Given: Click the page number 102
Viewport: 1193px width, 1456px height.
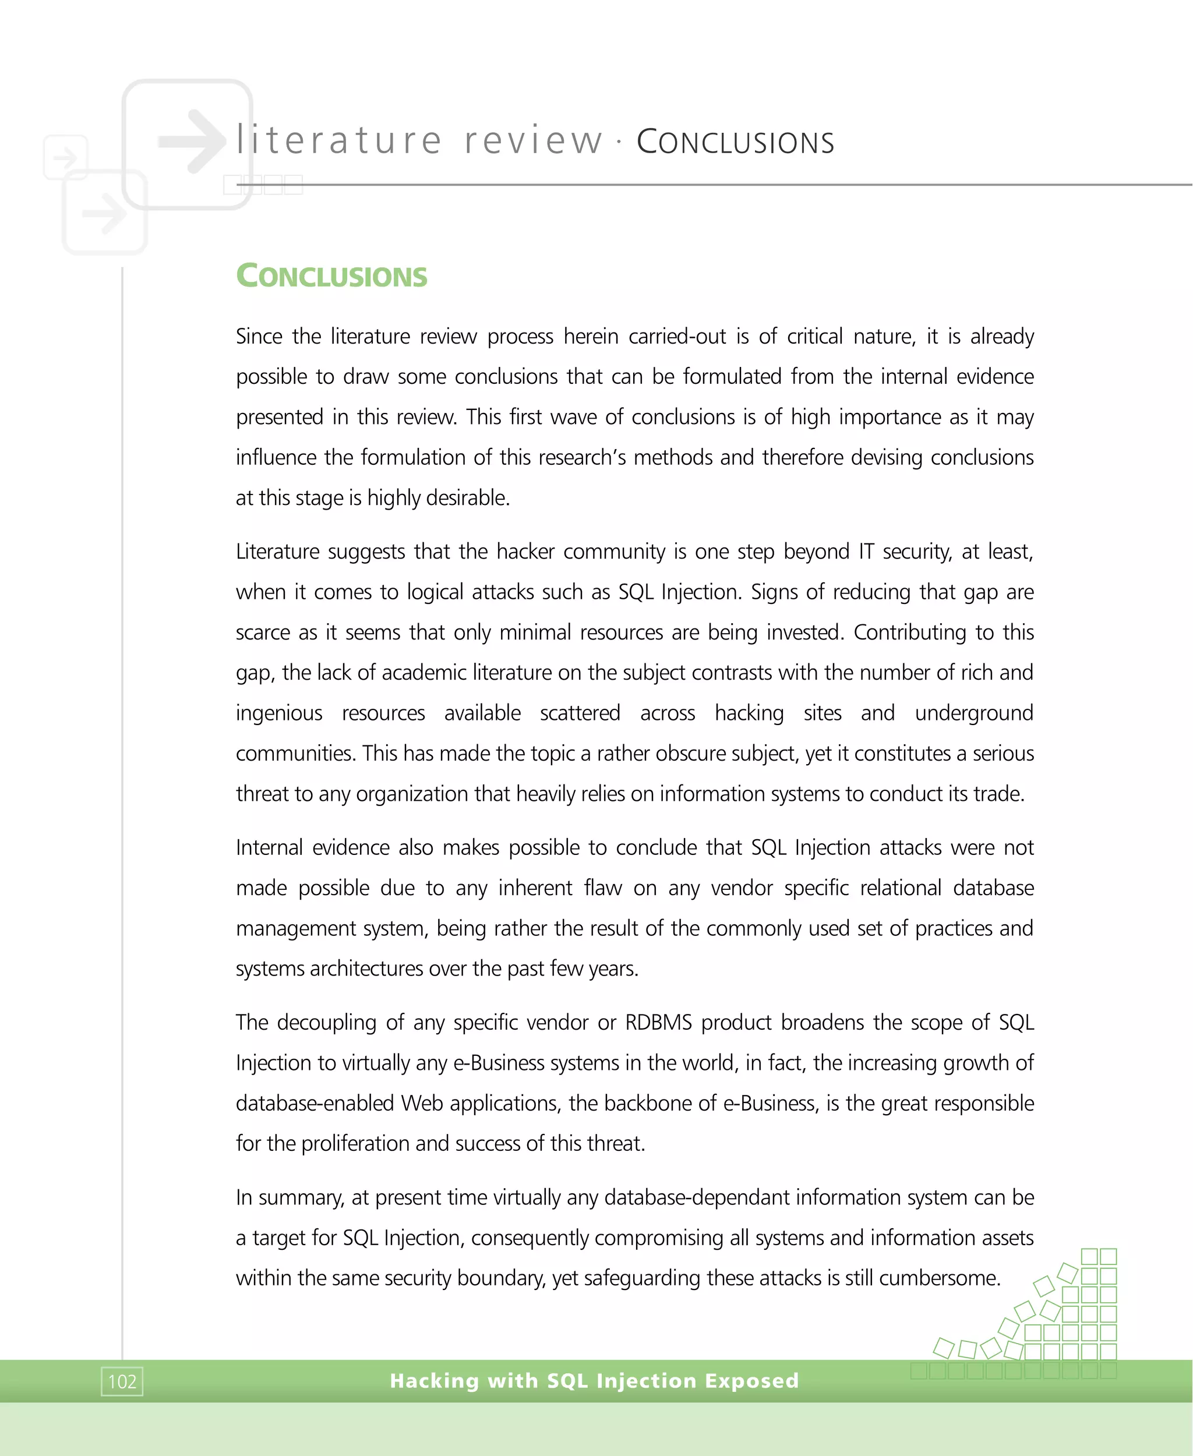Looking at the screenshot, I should point(122,1381).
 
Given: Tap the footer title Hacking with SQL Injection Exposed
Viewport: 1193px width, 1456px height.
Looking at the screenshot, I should point(594,1380).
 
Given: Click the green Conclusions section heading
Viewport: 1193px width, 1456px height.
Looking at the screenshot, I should point(331,275).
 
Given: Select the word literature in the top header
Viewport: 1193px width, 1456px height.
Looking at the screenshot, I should point(339,140).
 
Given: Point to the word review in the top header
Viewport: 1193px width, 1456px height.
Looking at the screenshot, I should point(533,140).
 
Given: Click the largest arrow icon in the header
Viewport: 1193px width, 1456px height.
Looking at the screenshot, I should point(192,141).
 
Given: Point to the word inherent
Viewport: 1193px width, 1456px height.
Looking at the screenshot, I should point(535,887).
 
